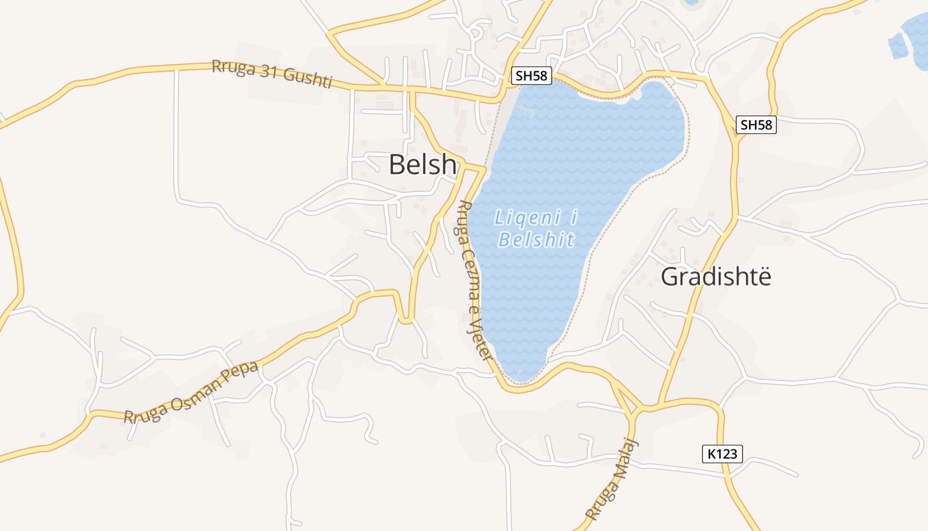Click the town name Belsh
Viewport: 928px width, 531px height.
422,165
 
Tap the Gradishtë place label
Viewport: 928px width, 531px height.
716,276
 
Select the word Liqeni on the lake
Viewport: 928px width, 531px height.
528,217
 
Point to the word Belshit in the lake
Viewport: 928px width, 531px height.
536,240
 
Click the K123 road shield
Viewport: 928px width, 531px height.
722,454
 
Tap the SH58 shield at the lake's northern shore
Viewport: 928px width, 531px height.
532,76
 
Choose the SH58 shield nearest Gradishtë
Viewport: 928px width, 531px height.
756,124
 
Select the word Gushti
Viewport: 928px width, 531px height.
307,77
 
